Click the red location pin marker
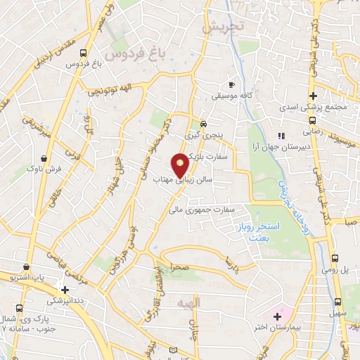coord(181,165)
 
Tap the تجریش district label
coord(222,27)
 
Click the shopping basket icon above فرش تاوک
coord(44,157)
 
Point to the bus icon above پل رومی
coord(335,257)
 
